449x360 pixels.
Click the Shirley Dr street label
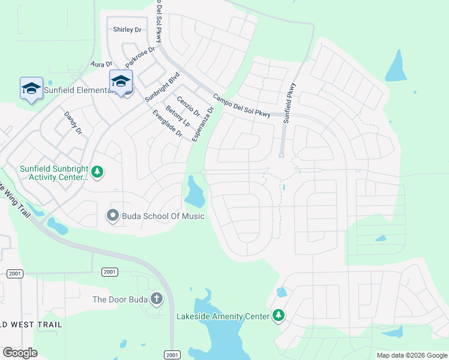coord(127,29)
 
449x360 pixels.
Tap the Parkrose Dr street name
coord(140,57)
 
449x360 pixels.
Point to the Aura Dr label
coord(101,64)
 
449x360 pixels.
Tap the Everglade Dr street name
coord(167,123)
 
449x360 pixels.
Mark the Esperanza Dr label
coord(202,125)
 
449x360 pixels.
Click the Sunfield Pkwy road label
coord(291,103)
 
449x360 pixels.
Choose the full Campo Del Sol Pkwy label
coord(241,104)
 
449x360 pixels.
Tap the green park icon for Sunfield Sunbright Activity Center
coord(97,173)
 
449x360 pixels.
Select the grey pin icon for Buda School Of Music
coord(112,215)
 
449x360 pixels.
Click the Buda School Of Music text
coord(163,216)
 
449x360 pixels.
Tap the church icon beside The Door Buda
coord(157,299)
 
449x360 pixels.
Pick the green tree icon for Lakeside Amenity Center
coord(278,315)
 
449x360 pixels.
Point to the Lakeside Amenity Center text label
coord(223,316)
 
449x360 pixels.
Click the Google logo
coord(20,353)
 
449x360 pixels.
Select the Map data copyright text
coord(412,355)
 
